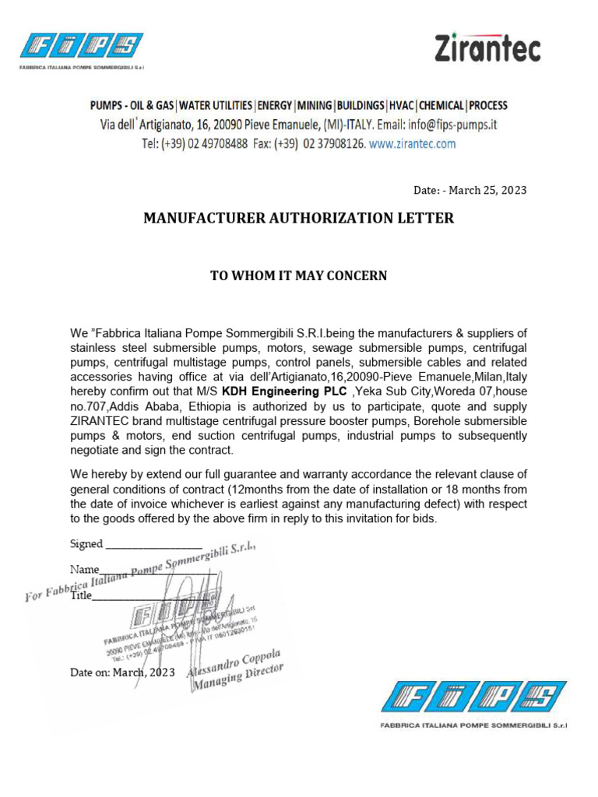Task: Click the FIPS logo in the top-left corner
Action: pyautogui.click(x=82, y=46)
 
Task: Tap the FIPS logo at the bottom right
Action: pyautogui.click(x=473, y=697)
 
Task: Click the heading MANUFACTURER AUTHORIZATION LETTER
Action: pyautogui.click(x=298, y=219)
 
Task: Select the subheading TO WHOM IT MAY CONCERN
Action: pyautogui.click(x=298, y=276)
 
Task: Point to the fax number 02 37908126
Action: pyautogui.click(x=332, y=144)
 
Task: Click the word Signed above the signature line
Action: pyautogui.click(x=86, y=544)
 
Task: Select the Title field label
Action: pyautogui.click(x=81, y=595)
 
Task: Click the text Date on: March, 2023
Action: pyautogui.click(x=122, y=672)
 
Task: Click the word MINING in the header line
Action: pyautogui.click(x=315, y=105)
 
